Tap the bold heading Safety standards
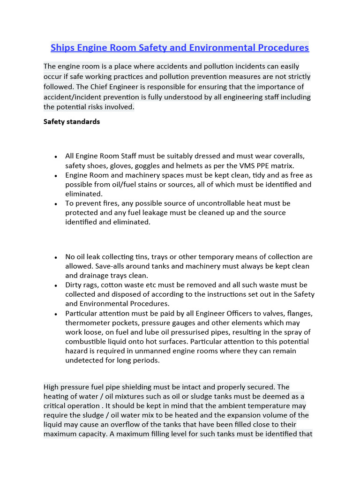click(71, 121)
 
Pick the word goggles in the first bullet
click(152, 165)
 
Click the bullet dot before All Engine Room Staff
click(56, 157)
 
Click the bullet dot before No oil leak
click(56, 257)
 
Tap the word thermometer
click(88, 322)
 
